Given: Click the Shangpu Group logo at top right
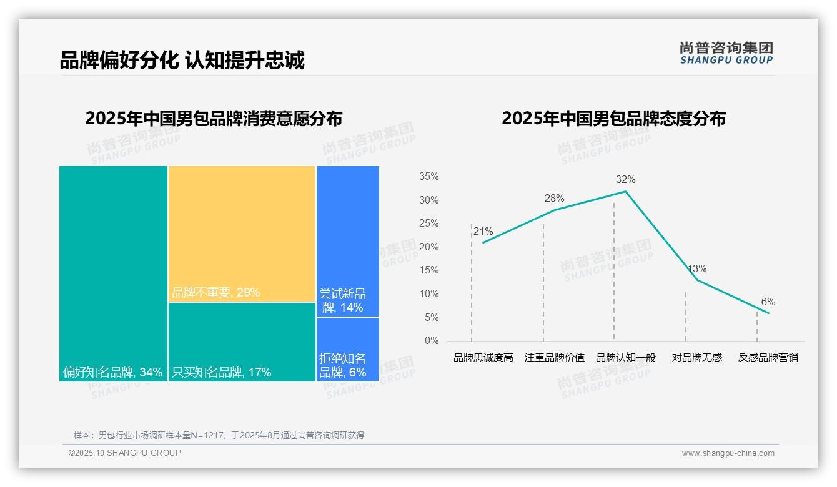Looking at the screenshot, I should tap(726, 53).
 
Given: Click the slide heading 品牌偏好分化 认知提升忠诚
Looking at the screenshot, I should tap(182, 61).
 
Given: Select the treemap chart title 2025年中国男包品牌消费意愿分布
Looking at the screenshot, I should tap(214, 119).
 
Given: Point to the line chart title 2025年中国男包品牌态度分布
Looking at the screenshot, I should tap(613, 119).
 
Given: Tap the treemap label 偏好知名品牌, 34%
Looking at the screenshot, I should tap(113, 373).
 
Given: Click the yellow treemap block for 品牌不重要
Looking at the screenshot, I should tap(242, 234).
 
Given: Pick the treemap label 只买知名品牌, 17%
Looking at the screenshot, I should tap(222, 373).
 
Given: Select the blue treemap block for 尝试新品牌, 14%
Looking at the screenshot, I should tap(347, 241).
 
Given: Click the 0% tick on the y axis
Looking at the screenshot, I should tap(432, 341).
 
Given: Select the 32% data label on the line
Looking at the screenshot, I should tap(625, 180).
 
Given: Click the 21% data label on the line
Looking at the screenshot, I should tap(483, 232).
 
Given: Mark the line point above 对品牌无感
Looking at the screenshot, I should tap(697, 280).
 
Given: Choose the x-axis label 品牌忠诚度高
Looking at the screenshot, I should tap(483, 358).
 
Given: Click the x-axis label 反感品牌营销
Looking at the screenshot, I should tap(768, 358).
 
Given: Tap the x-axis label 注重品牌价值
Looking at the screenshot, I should tap(554, 358).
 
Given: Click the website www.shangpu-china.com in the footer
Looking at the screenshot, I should tap(728, 453).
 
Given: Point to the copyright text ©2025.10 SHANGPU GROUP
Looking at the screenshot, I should tap(125, 453).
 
